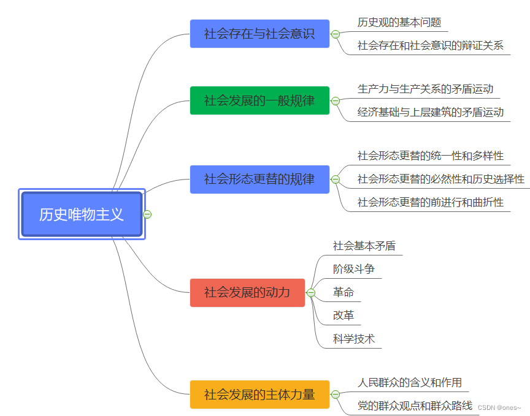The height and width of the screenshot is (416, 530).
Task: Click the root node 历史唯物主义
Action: (x=82, y=214)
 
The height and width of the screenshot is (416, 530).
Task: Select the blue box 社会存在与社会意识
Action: (x=259, y=34)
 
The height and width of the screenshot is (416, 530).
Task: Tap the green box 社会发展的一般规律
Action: (x=259, y=100)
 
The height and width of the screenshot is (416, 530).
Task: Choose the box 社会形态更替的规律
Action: (x=259, y=179)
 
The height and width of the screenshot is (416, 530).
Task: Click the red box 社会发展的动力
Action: (x=247, y=292)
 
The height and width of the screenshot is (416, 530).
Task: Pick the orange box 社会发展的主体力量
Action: (x=259, y=394)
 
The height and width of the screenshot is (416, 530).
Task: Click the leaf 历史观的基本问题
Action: (x=399, y=23)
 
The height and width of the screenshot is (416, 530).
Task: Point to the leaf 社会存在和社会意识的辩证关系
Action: (x=431, y=45)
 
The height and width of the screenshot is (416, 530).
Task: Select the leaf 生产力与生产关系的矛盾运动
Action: (x=426, y=89)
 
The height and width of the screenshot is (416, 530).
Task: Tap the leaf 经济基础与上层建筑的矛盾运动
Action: (x=431, y=112)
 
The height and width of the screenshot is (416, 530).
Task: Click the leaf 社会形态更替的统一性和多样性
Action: (x=431, y=156)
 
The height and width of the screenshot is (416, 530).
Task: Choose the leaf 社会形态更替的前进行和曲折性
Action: (x=431, y=202)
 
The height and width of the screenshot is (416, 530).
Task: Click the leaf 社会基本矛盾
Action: (x=364, y=246)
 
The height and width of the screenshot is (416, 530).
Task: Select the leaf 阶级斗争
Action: (x=354, y=269)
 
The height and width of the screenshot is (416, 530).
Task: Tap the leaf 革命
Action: (x=344, y=292)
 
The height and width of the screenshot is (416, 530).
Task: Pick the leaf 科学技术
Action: (x=354, y=339)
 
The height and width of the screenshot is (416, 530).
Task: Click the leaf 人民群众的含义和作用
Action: (x=410, y=383)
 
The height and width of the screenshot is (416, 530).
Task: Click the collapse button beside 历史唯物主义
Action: (x=147, y=214)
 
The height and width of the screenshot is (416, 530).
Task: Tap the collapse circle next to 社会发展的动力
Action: (x=311, y=293)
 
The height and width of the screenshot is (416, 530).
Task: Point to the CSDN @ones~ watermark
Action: (x=499, y=407)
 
